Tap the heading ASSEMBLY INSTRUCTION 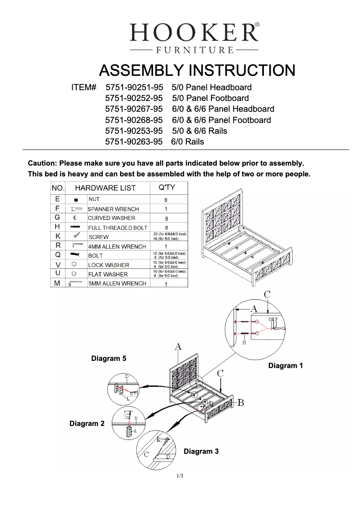coord(197,71)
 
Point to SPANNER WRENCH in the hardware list coord(113,209)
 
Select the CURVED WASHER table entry coord(111,218)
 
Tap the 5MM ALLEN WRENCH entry coord(117,284)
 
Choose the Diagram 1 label coord(285,366)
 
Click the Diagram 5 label coord(109,359)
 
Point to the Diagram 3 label coord(201,451)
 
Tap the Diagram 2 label coord(87,423)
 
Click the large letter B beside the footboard coord(241,403)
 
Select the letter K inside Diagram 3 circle coord(159,439)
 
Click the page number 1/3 coord(180,476)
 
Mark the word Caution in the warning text coord(42,163)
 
